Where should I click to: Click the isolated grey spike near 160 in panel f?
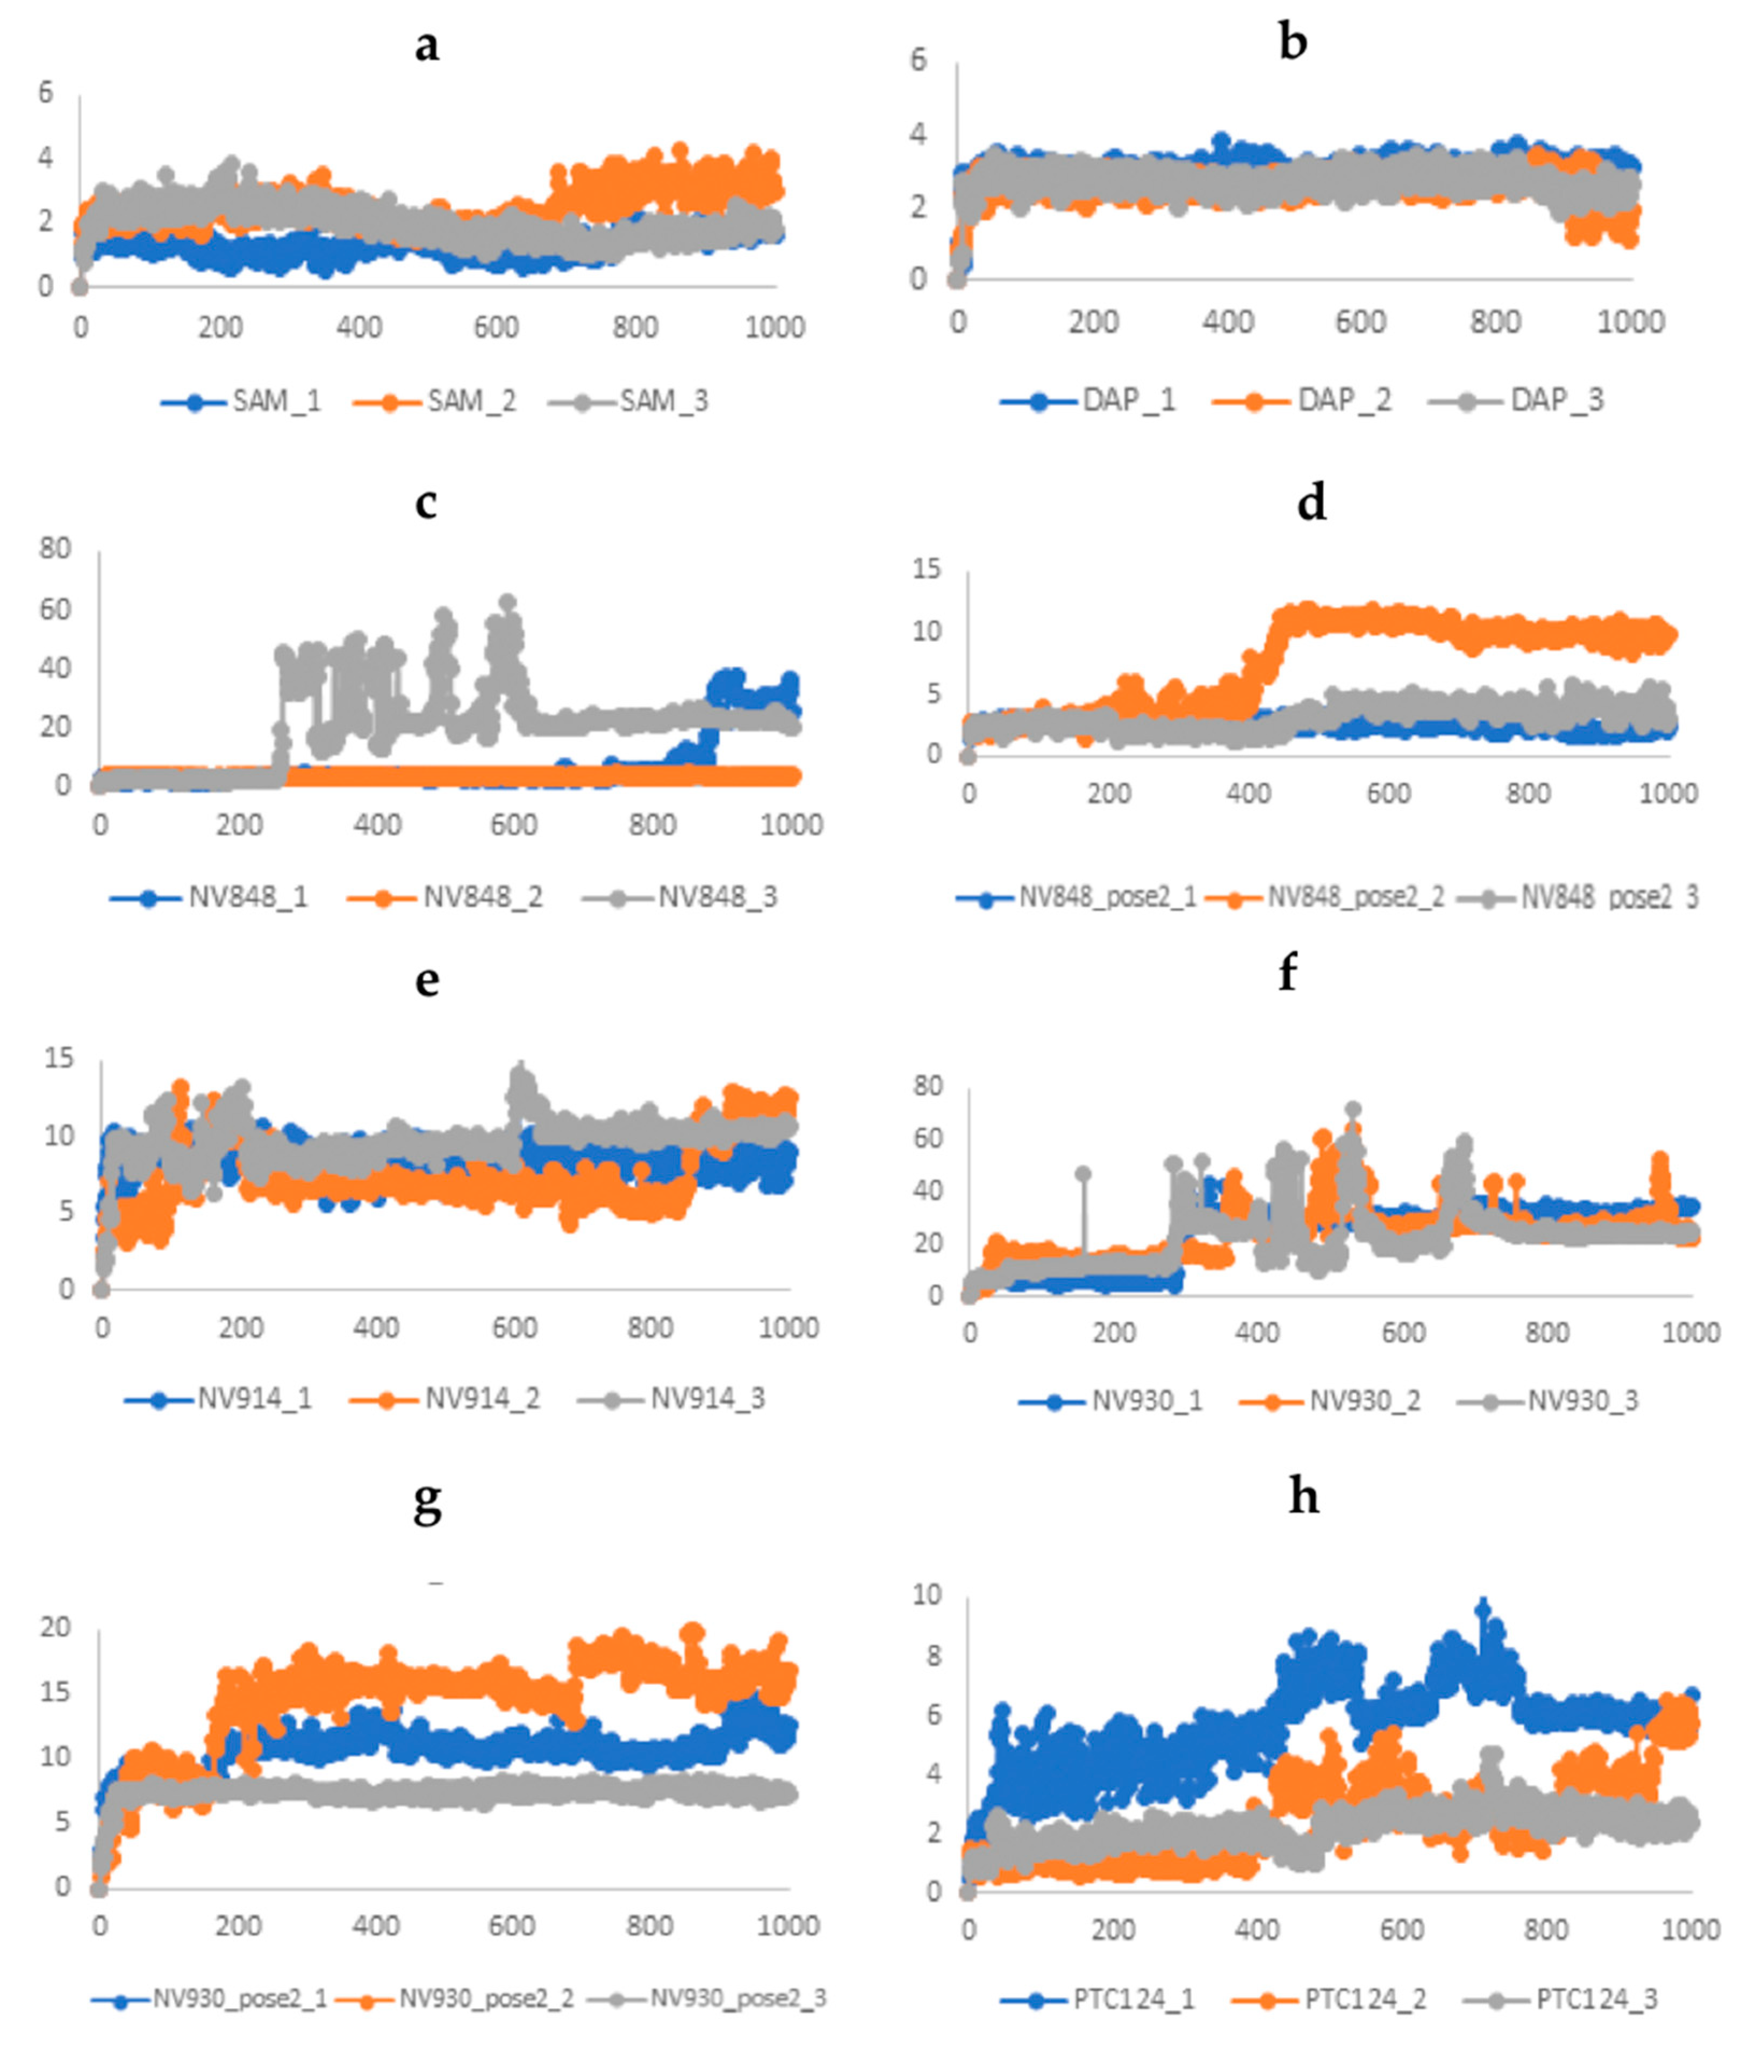[1084, 1173]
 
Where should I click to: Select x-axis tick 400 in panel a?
[359, 327]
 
